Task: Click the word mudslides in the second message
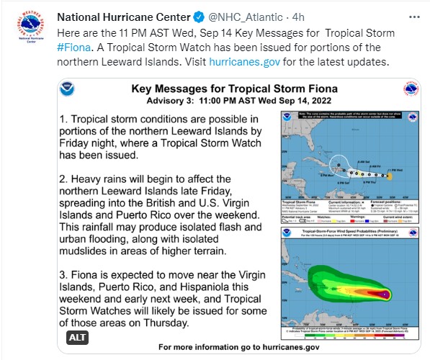coord(89,251)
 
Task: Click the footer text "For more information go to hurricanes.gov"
coord(238,347)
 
